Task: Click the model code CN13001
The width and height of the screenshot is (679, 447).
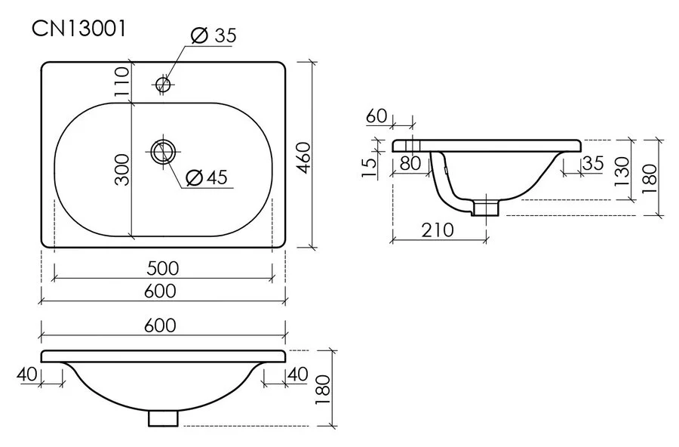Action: click(78, 29)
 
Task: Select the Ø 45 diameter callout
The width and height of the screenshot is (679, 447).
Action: click(205, 177)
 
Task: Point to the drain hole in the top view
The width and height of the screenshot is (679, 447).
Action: click(162, 152)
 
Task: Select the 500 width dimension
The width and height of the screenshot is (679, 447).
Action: click(162, 268)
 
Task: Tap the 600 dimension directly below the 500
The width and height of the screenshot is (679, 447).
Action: click(162, 291)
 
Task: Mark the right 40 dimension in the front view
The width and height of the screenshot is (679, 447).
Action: click(297, 373)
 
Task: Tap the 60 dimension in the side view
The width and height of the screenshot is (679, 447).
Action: click(376, 116)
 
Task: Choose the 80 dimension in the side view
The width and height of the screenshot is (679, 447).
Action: click(411, 162)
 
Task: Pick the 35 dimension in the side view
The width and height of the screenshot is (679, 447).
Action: click(594, 162)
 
